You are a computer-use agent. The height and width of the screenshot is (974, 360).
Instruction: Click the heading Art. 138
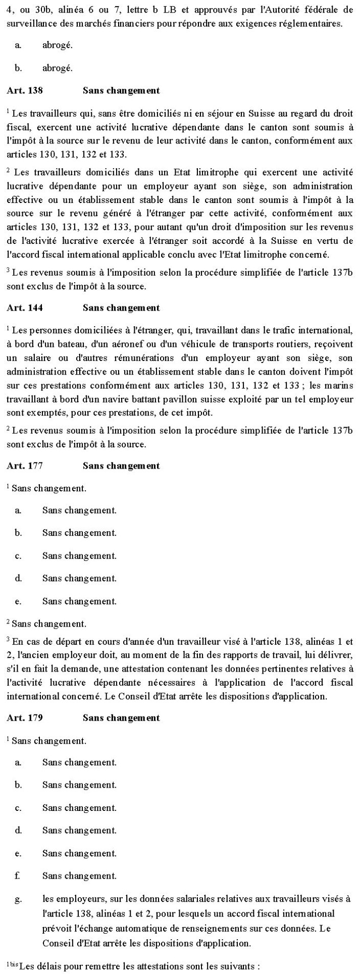coord(25,91)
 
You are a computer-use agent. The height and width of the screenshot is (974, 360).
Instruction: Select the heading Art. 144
coord(25,308)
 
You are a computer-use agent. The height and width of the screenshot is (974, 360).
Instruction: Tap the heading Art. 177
coord(25,466)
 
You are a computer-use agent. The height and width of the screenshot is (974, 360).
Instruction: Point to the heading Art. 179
coord(25,718)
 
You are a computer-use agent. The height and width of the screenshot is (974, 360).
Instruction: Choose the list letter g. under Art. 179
coord(18,899)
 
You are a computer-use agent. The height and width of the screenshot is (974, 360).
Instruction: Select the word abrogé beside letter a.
coord(58,45)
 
